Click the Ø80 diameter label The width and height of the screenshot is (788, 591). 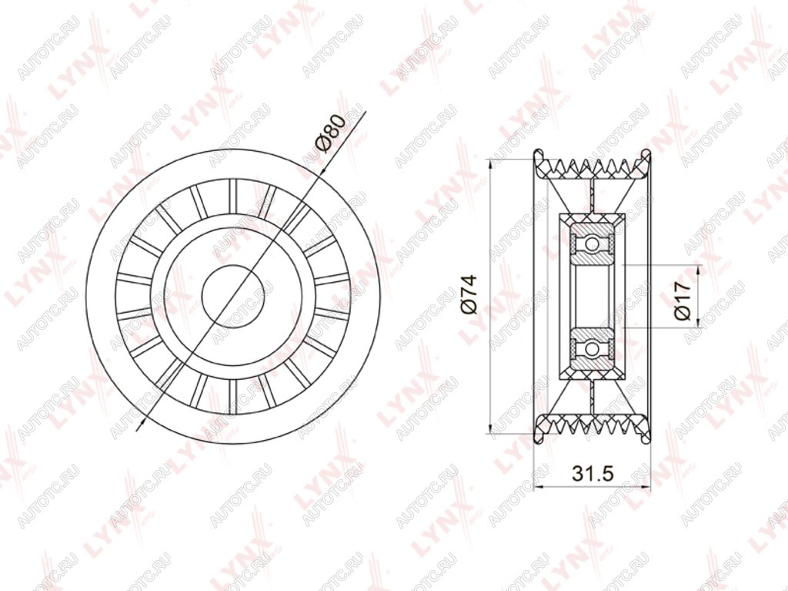pyautogui.click(x=330, y=133)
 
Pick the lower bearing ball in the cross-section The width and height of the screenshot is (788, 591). pyautogui.click(x=593, y=348)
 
